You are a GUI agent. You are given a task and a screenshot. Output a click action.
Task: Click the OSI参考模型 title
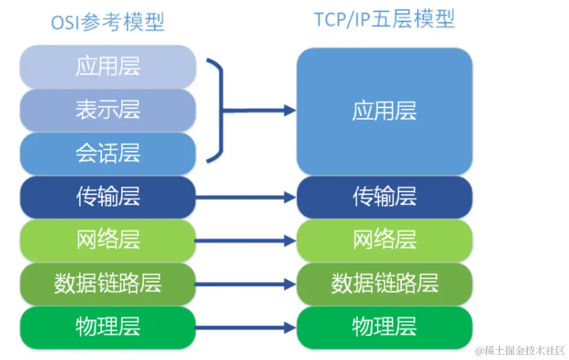107,23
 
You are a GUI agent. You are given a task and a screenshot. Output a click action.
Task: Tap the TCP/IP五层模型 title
384,20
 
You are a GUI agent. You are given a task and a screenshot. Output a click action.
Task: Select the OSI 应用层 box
107,67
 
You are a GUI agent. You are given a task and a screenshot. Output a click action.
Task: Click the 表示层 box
107,110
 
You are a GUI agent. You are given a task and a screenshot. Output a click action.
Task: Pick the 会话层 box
107,153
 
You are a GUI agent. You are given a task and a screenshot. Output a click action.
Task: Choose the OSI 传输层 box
107,197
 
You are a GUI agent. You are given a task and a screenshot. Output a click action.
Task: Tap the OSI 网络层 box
107,240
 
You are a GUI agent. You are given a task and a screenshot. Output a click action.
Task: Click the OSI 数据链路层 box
107,283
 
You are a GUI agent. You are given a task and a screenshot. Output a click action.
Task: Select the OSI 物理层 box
107,327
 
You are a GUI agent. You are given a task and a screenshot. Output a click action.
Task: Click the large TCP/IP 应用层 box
384,111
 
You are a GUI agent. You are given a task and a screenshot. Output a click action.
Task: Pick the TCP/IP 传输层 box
384,197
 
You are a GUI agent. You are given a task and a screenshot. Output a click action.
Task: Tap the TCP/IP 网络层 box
384,240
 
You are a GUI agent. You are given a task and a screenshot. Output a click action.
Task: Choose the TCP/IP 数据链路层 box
384,283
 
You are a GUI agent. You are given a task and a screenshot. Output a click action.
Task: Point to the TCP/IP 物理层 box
384,327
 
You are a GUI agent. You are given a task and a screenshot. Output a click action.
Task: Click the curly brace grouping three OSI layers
218,110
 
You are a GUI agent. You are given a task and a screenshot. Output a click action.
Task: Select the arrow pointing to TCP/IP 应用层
260,110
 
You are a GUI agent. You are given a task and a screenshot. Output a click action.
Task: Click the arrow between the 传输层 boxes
246,197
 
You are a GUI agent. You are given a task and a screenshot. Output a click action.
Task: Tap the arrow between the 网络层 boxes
246,241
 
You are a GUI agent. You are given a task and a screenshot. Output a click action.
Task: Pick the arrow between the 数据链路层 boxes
246,284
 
